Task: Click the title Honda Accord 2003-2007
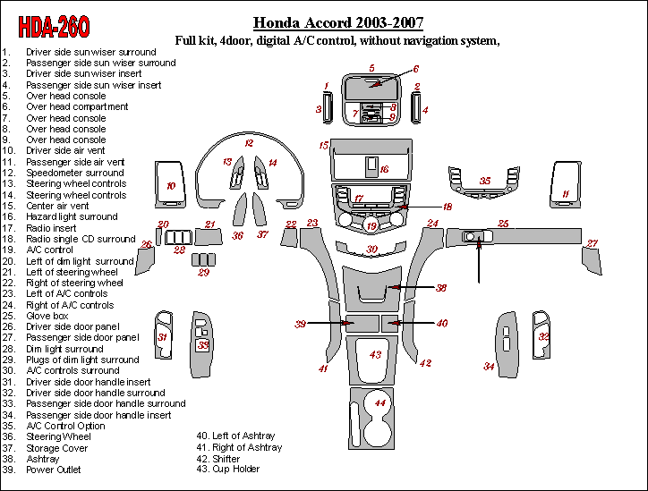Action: (338, 23)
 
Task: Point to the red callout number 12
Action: (249, 143)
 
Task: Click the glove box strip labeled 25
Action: (537, 237)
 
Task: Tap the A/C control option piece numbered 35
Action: (484, 182)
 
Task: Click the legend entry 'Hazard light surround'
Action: (72, 216)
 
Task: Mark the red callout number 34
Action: (490, 367)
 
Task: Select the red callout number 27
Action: (592, 243)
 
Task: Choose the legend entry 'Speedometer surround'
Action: (75, 173)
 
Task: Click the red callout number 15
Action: (324, 144)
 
